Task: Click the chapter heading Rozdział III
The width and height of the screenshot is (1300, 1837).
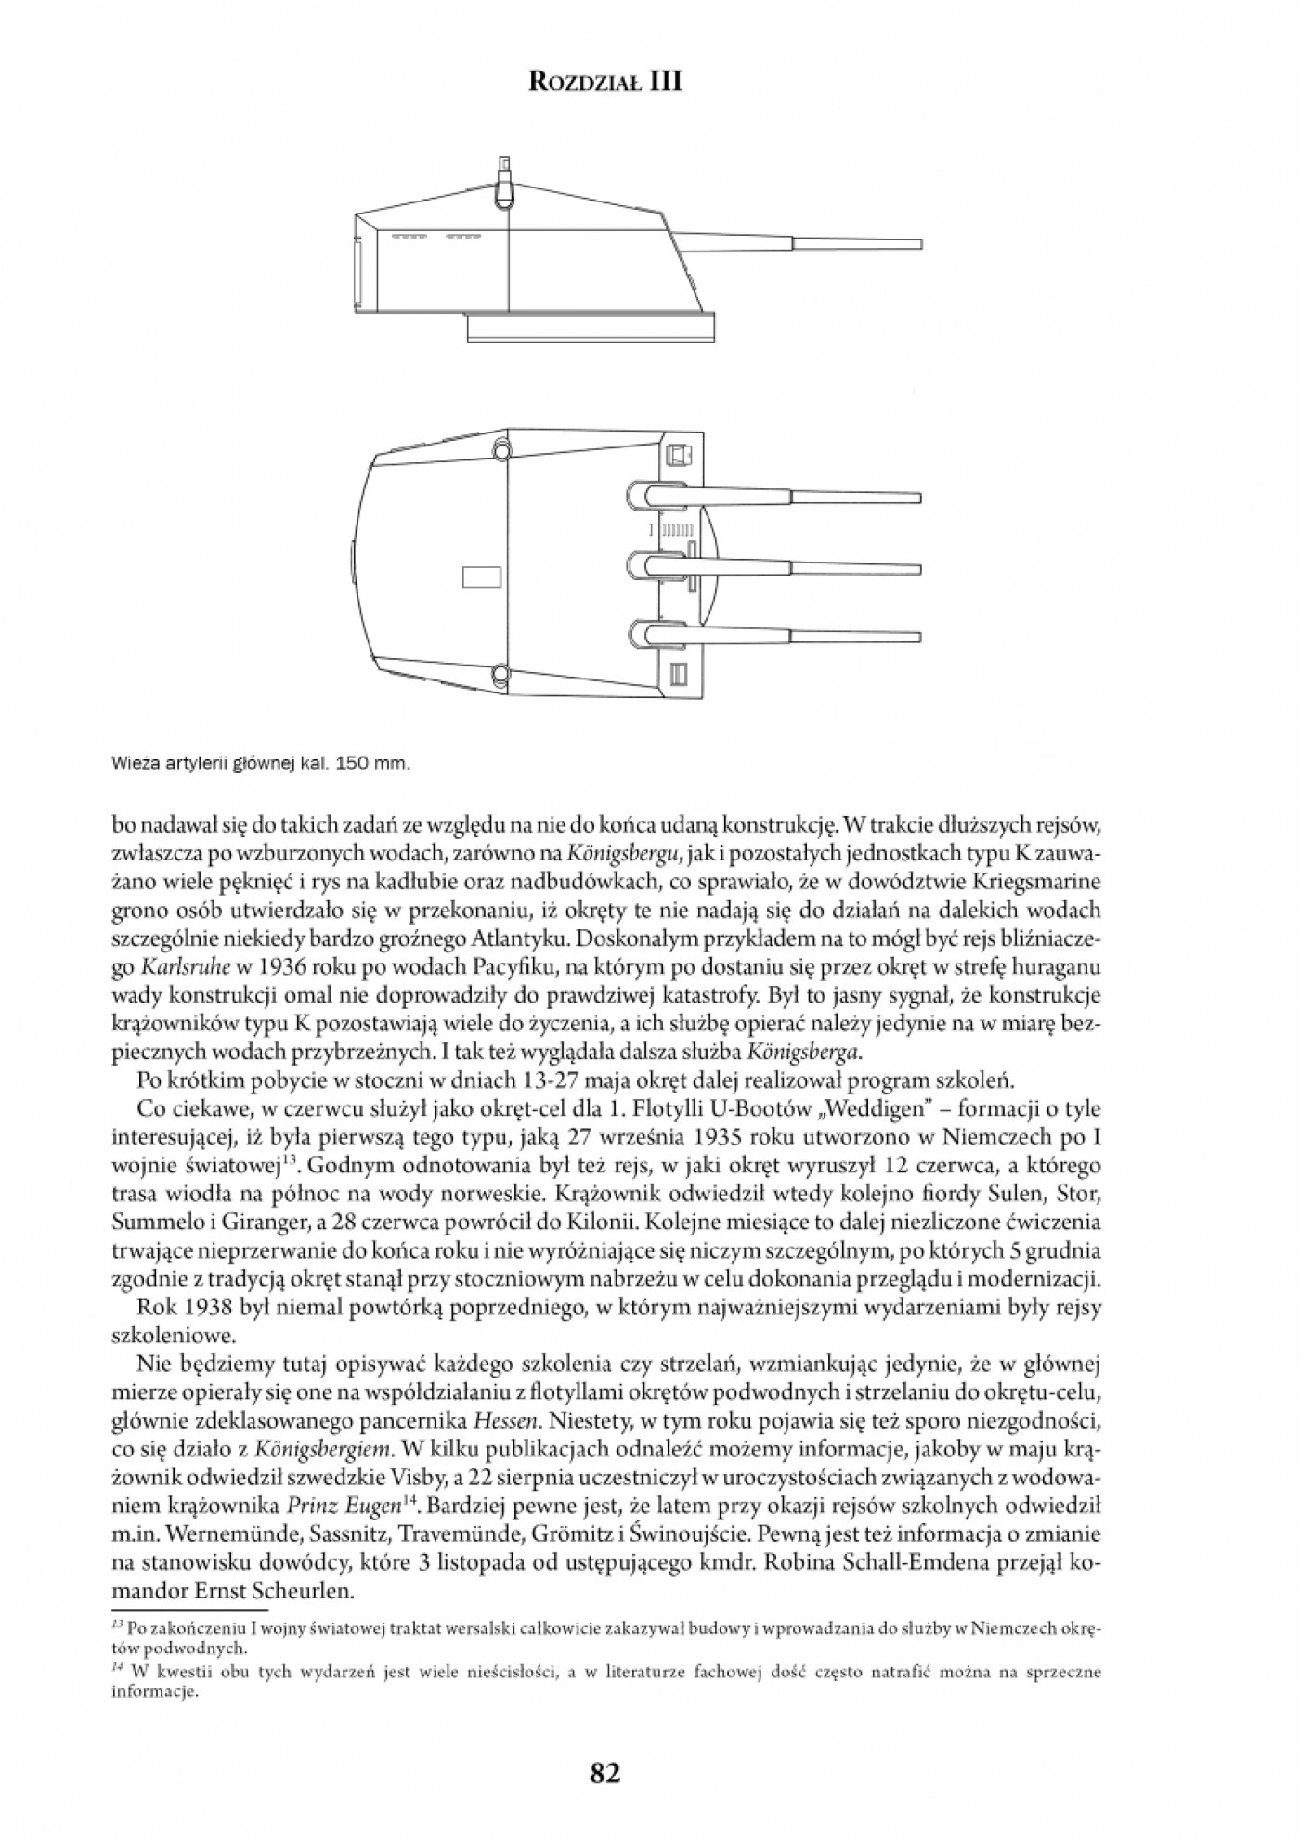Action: pyautogui.click(x=604, y=82)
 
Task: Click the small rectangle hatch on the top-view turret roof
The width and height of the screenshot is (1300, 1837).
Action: pyautogui.click(x=481, y=577)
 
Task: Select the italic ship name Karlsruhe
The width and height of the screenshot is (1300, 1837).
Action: pyautogui.click(x=182, y=967)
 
